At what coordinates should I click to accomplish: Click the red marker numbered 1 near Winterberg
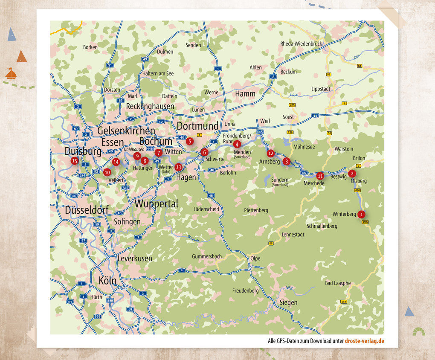(361, 214)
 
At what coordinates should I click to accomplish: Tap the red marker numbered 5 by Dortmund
(190, 141)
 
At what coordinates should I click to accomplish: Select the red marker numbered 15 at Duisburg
(75, 161)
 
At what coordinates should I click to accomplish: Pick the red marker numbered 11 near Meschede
(320, 175)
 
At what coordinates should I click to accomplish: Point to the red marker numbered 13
(178, 167)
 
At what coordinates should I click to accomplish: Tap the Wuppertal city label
(157, 204)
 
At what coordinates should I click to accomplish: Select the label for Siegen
(288, 302)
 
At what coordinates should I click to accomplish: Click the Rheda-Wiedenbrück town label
(301, 44)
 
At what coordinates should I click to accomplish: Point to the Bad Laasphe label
(338, 283)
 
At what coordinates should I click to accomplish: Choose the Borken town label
(90, 47)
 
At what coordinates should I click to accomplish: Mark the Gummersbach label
(207, 256)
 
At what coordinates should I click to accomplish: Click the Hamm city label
(245, 93)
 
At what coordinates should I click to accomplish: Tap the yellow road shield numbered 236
(365, 222)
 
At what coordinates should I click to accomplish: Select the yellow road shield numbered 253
(344, 302)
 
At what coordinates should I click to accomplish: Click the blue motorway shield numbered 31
(110, 65)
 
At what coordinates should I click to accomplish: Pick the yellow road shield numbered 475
(292, 105)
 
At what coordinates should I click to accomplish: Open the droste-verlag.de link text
(365, 341)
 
